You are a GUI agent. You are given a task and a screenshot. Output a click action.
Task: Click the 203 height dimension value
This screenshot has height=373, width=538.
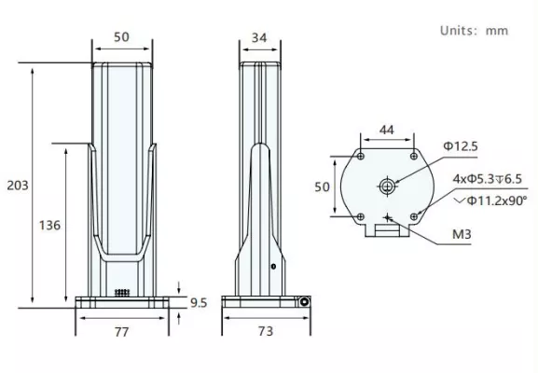[x=18, y=186]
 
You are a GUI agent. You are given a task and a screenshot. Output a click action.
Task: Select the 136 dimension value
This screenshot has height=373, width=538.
[x=49, y=226]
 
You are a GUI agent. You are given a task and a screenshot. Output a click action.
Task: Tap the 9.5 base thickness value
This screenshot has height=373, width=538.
[x=199, y=303]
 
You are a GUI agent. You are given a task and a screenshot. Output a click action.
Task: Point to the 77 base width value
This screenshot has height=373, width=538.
[x=122, y=332]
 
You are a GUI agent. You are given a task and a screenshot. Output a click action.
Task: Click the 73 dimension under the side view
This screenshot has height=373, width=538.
[x=266, y=331]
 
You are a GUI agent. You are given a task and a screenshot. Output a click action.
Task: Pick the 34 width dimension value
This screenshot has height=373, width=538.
[x=259, y=37]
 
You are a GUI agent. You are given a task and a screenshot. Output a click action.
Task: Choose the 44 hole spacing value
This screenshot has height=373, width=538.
[x=387, y=130]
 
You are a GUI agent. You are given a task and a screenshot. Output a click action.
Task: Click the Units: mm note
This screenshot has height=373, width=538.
[x=475, y=31]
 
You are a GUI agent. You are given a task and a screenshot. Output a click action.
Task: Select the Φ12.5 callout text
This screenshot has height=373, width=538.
[x=461, y=146]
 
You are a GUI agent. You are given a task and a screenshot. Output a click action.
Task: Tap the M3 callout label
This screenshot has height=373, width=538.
[x=462, y=234]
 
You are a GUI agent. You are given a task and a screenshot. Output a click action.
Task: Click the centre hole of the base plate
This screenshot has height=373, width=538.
[x=387, y=186]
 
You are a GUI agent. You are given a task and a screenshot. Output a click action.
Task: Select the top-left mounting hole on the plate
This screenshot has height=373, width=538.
[x=361, y=157]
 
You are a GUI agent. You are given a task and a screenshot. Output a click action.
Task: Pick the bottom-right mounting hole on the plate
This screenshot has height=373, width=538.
[x=414, y=217]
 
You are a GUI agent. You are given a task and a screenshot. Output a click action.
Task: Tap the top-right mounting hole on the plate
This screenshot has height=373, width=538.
[x=414, y=157]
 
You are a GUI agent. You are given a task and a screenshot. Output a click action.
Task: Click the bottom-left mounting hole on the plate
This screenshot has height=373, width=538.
[x=361, y=217]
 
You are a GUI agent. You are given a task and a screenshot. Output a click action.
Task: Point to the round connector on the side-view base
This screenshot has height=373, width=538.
[x=304, y=302]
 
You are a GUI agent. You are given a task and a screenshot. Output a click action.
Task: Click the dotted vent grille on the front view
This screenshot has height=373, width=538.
[x=122, y=293]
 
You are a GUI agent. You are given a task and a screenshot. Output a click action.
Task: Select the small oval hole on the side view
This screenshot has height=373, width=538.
[x=273, y=267]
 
